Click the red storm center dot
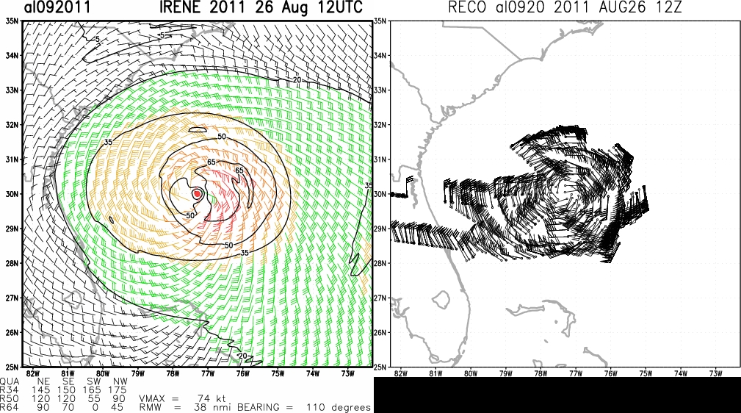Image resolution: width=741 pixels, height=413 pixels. point(198,193)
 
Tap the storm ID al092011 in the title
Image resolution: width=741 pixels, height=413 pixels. point(57,7)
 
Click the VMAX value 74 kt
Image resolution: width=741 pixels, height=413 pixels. point(212,399)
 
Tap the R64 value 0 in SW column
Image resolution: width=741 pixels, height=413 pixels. point(95,407)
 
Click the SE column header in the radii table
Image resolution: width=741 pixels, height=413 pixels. point(68,382)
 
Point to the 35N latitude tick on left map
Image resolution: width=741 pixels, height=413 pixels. point(12,21)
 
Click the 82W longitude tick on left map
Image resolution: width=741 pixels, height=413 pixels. point(32,373)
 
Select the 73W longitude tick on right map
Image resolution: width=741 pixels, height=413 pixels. point(715,373)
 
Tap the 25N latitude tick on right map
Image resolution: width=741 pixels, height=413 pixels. point(380,367)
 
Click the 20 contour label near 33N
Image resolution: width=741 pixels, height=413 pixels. point(297,80)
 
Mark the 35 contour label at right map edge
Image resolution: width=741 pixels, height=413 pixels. point(369,186)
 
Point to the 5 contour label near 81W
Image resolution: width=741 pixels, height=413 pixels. point(98,40)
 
